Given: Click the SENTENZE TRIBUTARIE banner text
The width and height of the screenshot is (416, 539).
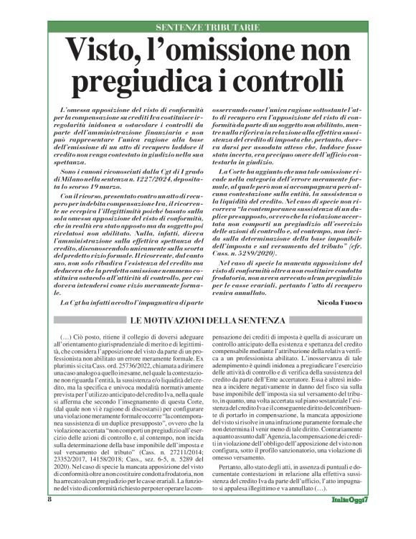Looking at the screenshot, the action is (208, 27).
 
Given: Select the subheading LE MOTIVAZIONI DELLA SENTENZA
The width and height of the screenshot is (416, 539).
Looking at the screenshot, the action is (208, 319).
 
